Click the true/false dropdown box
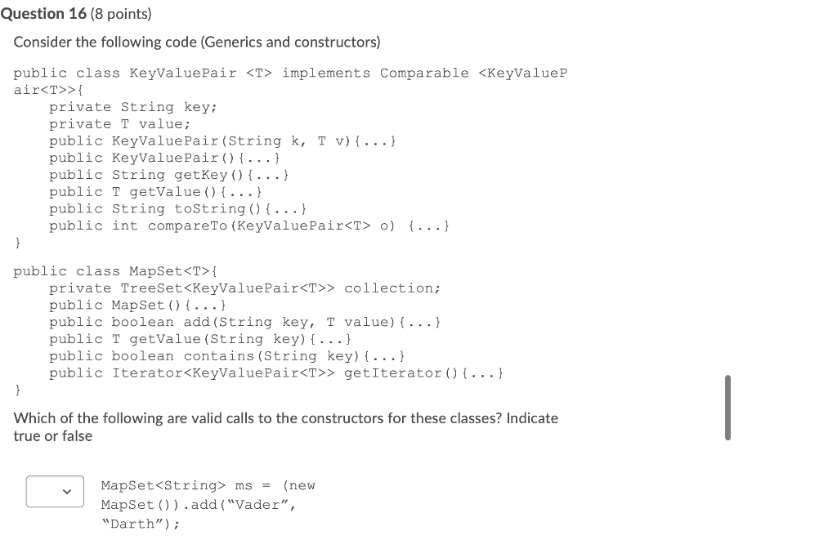[x=55, y=491]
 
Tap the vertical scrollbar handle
[x=727, y=408]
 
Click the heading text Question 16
[x=43, y=13]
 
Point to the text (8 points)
[x=121, y=14]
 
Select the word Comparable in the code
[x=424, y=73]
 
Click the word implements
[x=326, y=74]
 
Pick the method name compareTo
[x=187, y=226]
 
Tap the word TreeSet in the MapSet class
[x=151, y=288]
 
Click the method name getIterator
[x=393, y=373]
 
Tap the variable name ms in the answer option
[x=244, y=486]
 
